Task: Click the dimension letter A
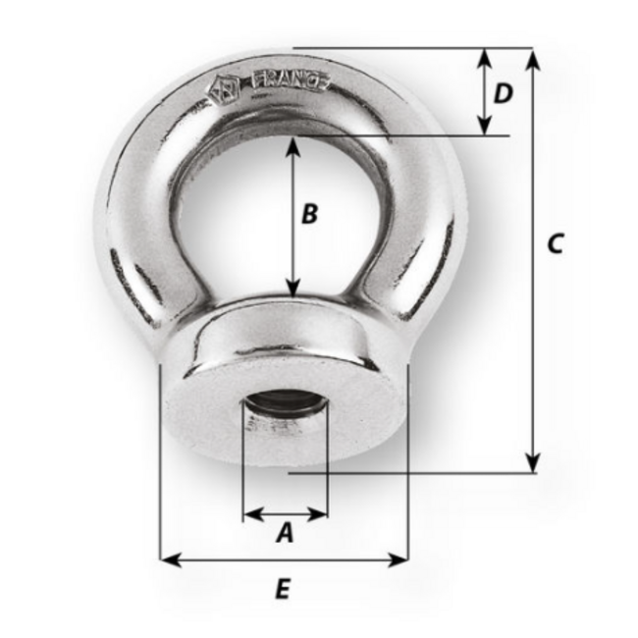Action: coord(285,533)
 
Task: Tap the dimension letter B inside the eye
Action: coord(308,214)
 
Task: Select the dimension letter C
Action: coord(555,243)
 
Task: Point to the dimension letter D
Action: coord(503,93)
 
